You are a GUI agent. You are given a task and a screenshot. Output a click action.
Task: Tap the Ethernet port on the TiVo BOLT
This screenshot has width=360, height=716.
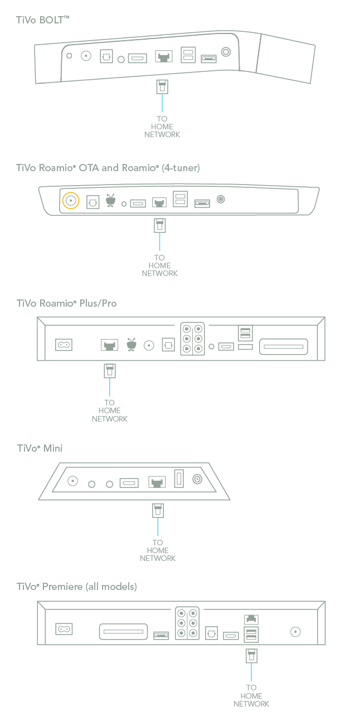pos(163,57)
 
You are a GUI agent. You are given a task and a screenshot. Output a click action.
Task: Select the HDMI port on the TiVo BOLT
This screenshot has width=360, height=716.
pos(137,57)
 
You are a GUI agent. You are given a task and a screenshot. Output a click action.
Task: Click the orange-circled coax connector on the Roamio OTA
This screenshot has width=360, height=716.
pos(71,201)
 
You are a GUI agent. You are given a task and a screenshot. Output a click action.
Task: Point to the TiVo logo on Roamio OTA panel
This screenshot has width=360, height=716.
pos(110,201)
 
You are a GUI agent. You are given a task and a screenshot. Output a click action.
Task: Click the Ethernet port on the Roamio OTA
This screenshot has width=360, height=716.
pos(159,203)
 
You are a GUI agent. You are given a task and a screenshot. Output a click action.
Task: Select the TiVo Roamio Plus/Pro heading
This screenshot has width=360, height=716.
pos(66,304)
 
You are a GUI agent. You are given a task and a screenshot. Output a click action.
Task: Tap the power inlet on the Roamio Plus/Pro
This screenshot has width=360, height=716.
pos(64,345)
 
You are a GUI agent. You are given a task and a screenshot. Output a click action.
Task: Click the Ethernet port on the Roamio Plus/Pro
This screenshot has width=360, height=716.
pos(109,346)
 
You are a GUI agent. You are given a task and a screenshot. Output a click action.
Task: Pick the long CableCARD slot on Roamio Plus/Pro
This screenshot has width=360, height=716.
pos(284,346)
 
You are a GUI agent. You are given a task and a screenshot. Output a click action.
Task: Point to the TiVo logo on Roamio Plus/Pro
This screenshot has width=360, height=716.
pos(132,345)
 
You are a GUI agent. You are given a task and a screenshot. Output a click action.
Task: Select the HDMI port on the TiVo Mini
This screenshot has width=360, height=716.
pos(129,482)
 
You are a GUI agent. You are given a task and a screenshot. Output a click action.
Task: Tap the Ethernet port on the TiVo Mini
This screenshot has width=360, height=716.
pos(157,482)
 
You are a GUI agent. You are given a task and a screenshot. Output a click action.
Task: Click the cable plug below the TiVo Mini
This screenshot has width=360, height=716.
pos(158,510)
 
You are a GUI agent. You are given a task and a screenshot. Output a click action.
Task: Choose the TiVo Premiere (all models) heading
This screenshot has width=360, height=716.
pos(76,587)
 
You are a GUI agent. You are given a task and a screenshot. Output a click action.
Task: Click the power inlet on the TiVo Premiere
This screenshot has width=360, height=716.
pos(64,630)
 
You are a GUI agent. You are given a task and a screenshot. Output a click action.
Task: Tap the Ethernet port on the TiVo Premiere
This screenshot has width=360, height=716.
pos(251,620)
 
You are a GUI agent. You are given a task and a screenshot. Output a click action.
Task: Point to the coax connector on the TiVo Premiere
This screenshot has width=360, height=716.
pos(295,632)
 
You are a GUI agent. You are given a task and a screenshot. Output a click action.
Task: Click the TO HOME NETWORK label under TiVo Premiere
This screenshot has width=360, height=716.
pos(251,695)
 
